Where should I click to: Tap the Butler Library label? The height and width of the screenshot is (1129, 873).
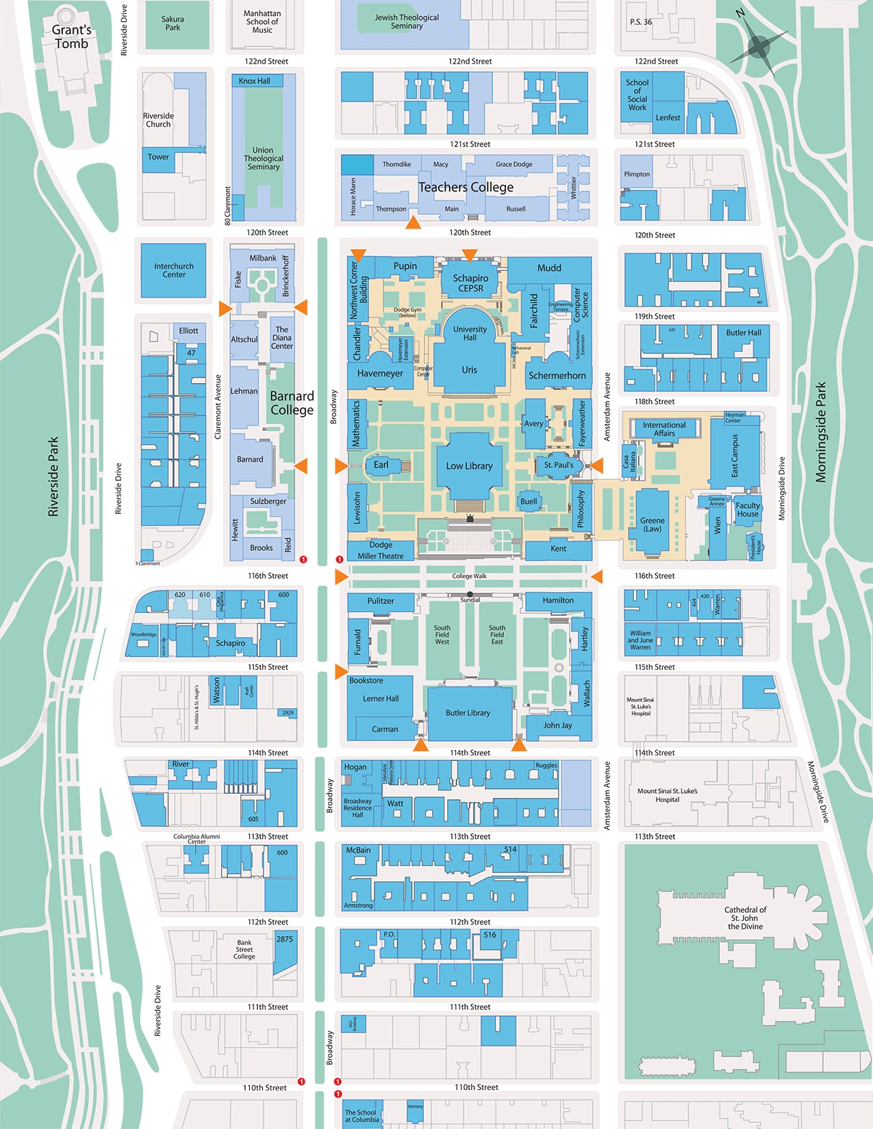(468, 713)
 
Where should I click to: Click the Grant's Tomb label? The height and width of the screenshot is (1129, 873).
(72, 37)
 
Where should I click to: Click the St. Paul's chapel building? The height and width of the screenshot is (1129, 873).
(558, 465)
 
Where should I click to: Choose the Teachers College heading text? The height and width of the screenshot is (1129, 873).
(466, 187)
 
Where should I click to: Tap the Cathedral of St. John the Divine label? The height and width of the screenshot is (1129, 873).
(745, 918)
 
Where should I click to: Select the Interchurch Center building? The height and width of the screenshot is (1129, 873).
(174, 270)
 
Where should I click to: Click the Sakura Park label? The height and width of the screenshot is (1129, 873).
(173, 23)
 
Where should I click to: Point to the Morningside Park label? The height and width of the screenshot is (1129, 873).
(821, 432)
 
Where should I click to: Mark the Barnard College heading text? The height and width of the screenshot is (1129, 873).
(292, 403)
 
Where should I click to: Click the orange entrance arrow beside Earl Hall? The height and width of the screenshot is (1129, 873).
(341, 467)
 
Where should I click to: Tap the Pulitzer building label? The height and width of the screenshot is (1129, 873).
(381, 601)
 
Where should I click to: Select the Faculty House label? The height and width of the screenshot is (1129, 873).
(748, 510)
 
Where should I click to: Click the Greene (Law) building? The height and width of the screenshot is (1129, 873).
(652, 524)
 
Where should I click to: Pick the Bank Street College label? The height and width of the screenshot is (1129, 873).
(244, 949)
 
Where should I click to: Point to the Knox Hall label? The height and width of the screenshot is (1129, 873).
(255, 81)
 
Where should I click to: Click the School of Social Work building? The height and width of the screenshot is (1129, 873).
(637, 95)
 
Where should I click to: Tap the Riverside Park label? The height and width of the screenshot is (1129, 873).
(53, 477)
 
